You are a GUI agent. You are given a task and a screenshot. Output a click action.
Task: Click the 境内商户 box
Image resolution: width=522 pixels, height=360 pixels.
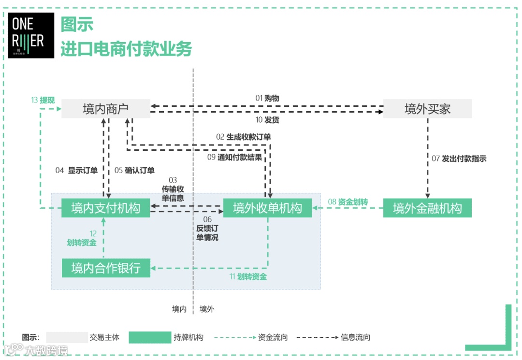coord(105,109)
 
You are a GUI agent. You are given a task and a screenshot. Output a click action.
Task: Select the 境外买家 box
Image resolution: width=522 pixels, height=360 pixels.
coord(427,109)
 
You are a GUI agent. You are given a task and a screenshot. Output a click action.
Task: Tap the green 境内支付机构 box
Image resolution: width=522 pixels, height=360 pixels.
coord(105,208)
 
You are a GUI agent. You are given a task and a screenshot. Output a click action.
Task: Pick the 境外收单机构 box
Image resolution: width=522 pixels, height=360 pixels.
coord(267,208)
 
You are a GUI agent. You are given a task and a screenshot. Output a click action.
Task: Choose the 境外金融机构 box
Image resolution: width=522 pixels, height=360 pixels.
coord(427,208)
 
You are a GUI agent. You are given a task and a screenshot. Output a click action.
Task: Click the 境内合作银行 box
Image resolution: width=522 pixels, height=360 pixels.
coord(105,268)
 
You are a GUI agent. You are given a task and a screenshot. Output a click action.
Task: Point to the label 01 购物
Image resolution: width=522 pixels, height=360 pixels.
coord(267,98)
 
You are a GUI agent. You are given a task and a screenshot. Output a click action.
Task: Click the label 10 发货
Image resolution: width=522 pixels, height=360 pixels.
coord(267,120)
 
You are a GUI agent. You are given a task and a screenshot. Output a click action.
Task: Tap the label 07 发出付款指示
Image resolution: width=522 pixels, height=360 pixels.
coord(459,158)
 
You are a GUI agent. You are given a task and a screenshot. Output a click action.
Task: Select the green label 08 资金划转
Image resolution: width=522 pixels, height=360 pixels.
coord(348,202)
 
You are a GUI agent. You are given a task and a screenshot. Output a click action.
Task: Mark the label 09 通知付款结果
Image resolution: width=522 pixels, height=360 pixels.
coord(235,157)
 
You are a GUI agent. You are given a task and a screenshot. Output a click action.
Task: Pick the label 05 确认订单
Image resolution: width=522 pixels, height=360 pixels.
coord(134,170)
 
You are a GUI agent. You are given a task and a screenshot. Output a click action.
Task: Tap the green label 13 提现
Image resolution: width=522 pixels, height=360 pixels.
coord(43,100)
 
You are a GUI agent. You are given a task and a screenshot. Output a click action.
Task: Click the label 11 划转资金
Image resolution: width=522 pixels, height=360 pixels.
coord(248,277)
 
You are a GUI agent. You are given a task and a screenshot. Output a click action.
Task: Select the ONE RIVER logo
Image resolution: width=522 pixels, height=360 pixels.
coord(31,35)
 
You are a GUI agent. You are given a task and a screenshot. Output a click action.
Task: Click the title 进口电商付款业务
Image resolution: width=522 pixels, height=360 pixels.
coord(126,49)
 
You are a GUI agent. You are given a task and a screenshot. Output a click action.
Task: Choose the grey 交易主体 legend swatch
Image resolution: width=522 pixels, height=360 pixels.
coord(67,337)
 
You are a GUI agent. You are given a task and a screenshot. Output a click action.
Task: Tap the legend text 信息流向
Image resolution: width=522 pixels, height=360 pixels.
coord(355,337)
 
